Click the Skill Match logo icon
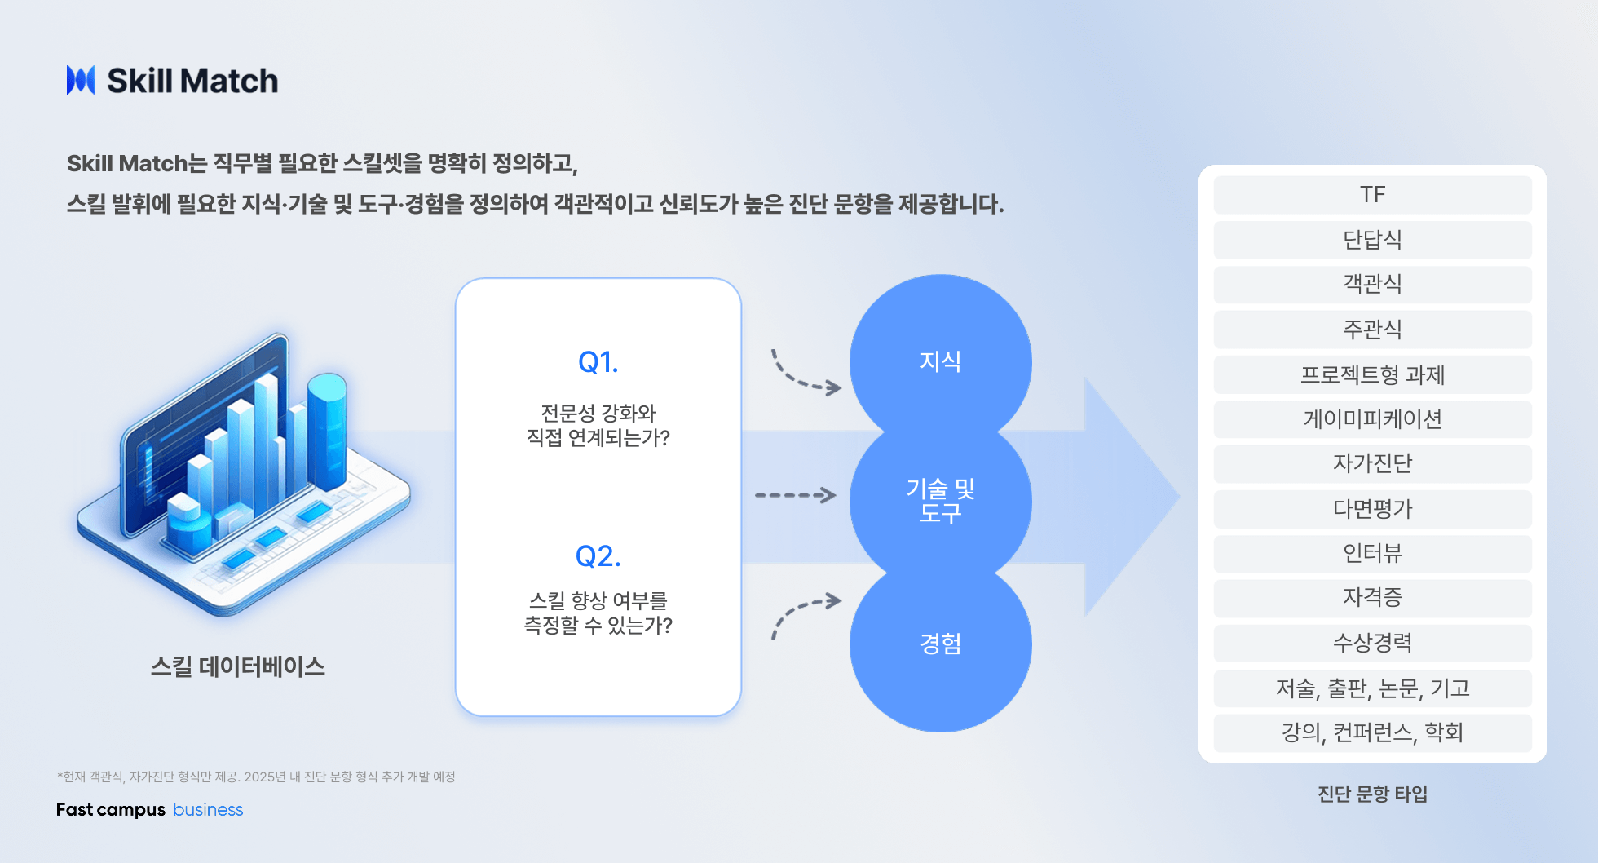pyautogui.click(x=81, y=80)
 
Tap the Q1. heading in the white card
pyautogui.click(x=598, y=362)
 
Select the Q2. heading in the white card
pyautogui.click(x=598, y=556)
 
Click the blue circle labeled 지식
pyautogui.click(x=941, y=361)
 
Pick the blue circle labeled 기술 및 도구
pyautogui.click(x=941, y=501)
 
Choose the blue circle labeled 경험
pyautogui.click(x=941, y=644)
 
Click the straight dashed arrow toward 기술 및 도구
pyautogui.click(x=796, y=495)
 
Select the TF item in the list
pyautogui.click(x=1373, y=195)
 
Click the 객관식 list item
pyautogui.click(x=1373, y=284)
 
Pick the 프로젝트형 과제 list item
pyautogui.click(x=1373, y=374)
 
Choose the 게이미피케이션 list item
pyautogui.click(x=1373, y=419)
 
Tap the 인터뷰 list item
pyautogui.click(x=1373, y=554)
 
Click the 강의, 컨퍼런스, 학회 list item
pyautogui.click(x=1373, y=733)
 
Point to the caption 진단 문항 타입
pyautogui.click(x=1373, y=794)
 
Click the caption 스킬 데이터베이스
pyautogui.click(x=238, y=666)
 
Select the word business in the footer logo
pyautogui.click(x=208, y=809)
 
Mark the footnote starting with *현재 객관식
pyautogui.click(x=256, y=777)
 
